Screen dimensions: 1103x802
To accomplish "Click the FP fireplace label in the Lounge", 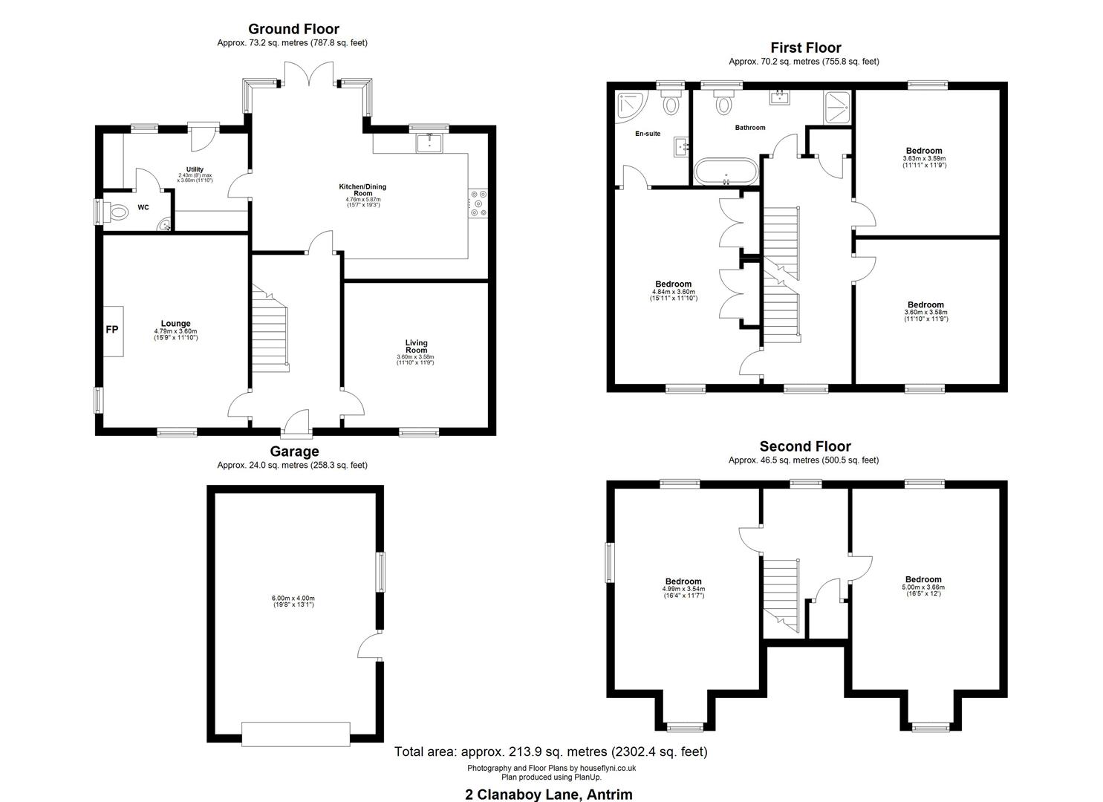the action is click(x=111, y=330).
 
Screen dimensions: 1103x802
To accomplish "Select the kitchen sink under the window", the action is click(x=430, y=143).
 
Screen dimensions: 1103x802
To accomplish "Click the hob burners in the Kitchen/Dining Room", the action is click(x=478, y=203).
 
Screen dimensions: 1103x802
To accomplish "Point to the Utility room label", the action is click(x=195, y=169).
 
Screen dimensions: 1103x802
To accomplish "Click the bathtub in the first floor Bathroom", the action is click(x=726, y=172).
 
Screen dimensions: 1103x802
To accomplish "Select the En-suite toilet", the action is click(x=671, y=102).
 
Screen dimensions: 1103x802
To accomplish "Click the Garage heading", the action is click(x=294, y=451).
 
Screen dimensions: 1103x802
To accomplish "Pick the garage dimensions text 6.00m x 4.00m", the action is click(x=293, y=599).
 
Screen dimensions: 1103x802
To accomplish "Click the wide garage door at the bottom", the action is click(x=296, y=734).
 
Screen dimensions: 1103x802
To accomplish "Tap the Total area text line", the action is click(x=550, y=752).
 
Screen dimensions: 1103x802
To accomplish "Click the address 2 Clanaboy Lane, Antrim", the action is click(x=549, y=794).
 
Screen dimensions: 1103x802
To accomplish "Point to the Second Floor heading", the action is click(x=805, y=446).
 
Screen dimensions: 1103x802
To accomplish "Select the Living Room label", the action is click(x=416, y=346).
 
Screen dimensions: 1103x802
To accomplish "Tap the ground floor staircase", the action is click(x=270, y=328).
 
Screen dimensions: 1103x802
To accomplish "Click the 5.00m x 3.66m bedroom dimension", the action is click(x=923, y=587).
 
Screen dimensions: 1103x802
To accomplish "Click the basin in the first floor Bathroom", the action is click(x=779, y=97).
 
